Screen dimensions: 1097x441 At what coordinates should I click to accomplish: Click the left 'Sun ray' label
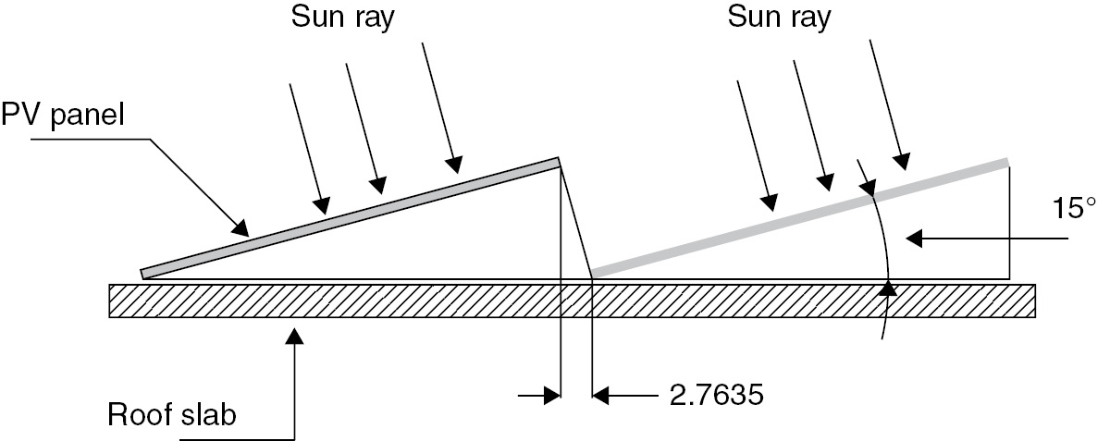pos(343,18)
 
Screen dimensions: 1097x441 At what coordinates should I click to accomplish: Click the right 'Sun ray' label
pos(779,18)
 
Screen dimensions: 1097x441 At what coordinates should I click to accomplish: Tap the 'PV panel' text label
pos(62,114)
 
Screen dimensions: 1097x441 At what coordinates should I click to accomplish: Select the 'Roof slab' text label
pos(172,415)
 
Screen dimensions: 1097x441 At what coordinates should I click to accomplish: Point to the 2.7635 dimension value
pos(716,396)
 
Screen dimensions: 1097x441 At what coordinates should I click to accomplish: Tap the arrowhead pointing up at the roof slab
pos(296,336)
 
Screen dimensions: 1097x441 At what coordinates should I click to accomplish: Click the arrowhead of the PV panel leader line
pos(240,227)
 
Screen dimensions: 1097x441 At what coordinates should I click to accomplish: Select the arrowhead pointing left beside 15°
pos(914,239)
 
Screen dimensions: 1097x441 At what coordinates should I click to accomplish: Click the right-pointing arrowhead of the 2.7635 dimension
pos(551,396)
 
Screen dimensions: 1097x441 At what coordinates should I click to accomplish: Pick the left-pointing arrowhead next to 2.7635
pos(601,396)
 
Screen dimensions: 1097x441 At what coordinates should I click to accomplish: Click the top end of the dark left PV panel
pos(559,163)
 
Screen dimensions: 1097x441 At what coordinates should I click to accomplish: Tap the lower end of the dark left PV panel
pos(143,274)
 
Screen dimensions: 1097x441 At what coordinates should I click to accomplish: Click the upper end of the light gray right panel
pos(1006,163)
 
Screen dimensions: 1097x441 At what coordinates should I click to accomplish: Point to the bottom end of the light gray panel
pos(593,272)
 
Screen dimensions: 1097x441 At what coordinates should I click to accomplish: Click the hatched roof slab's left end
pos(110,300)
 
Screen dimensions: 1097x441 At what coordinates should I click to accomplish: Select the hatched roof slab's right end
pos(1034,300)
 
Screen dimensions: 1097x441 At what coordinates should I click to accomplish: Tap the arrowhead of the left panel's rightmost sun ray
pos(455,164)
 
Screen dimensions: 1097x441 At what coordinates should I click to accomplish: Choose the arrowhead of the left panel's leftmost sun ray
pos(322,204)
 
